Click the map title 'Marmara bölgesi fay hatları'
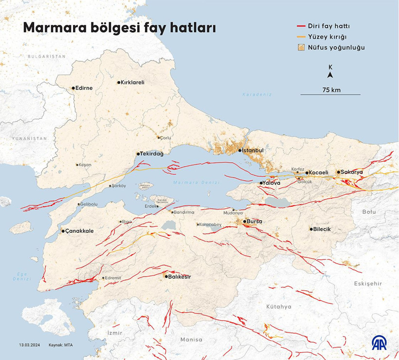119,28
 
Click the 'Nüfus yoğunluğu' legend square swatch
302,48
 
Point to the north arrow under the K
330,75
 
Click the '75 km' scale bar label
331,90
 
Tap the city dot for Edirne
73,88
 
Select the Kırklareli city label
132,82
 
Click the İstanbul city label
253,151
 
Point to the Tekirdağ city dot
138,153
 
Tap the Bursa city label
254,221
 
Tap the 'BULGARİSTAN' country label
46,57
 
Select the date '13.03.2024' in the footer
29,345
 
